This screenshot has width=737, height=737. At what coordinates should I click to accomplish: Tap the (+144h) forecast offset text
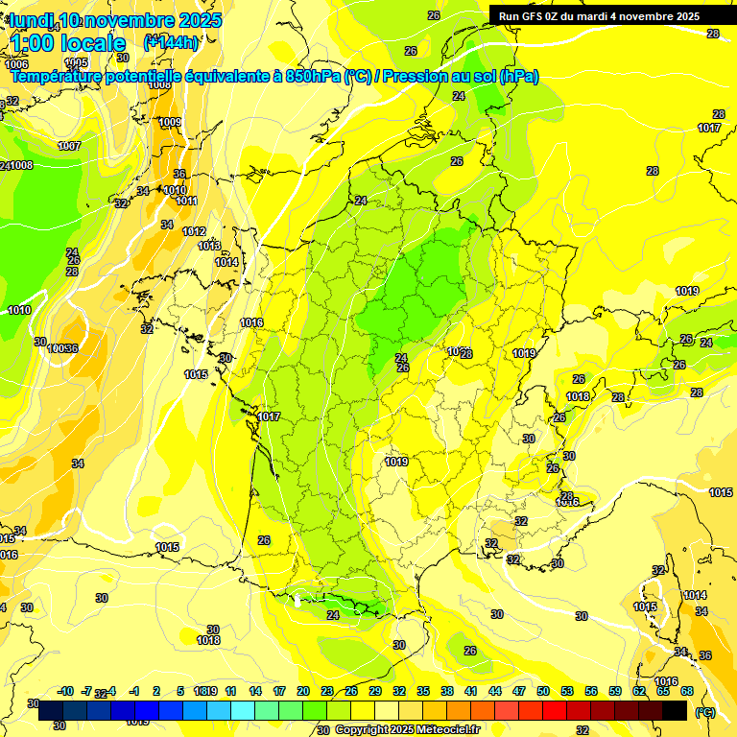click(x=171, y=42)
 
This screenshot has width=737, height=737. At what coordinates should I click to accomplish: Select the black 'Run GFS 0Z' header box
click(x=611, y=15)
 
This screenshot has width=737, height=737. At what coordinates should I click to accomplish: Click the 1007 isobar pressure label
click(x=69, y=146)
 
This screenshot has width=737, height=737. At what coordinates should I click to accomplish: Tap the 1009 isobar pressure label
click(x=170, y=122)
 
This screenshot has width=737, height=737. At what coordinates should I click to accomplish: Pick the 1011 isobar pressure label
click(x=186, y=201)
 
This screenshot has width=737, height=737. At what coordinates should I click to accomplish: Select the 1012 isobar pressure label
click(x=194, y=231)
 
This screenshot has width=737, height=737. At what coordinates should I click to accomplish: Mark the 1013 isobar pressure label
click(x=209, y=246)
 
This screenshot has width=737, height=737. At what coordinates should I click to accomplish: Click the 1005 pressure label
click(x=76, y=62)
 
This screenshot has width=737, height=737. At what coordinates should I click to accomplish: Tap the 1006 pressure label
click(x=16, y=63)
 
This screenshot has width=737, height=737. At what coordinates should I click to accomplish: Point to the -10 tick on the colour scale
click(x=65, y=691)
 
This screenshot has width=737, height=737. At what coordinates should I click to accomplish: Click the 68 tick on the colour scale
click(x=686, y=691)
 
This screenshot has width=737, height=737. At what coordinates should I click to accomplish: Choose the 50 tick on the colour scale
click(x=543, y=691)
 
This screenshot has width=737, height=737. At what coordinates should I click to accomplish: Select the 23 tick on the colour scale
click(x=327, y=691)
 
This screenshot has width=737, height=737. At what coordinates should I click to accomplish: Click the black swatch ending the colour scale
click(x=675, y=711)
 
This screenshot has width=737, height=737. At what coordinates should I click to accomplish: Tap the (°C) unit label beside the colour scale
click(x=704, y=712)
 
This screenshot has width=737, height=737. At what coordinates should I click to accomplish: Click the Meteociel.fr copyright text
click(x=407, y=729)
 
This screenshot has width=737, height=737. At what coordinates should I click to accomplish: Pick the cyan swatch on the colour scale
click(x=243, y=711)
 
